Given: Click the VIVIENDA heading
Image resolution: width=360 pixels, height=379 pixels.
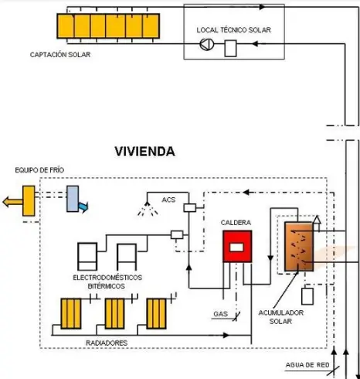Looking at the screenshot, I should (x=144, y=152).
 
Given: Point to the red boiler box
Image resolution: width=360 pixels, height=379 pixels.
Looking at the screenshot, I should (x=237, y=246).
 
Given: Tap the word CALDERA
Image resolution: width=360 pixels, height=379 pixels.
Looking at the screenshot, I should (x=236, y=223).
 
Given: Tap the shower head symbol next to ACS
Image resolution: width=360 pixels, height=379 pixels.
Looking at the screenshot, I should (x=141, y=209).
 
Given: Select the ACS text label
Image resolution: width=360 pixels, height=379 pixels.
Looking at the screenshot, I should (x=168, y=200).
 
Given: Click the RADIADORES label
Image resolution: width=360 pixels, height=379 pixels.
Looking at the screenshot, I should (x=107, y=341).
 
